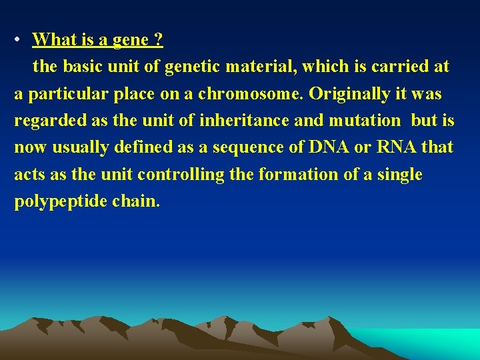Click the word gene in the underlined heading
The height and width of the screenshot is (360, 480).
[x=130, y=41]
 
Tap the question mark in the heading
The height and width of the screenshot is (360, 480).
[x=158, y=40]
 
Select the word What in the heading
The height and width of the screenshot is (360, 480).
[x=55, y=40]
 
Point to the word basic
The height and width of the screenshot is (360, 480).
[x=81, y=67]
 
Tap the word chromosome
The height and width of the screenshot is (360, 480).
[x=261, y=94]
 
